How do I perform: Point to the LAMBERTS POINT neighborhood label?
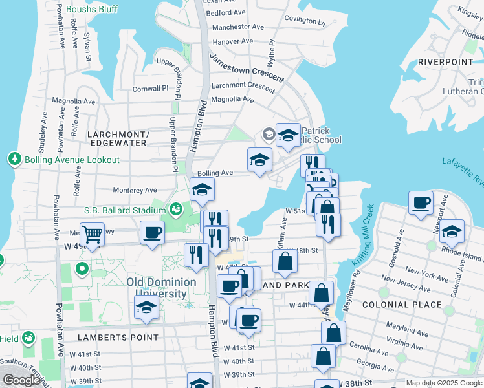click(x=118, y=338)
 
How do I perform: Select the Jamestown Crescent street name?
click(x=247, y=67)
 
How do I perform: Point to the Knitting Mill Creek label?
click(x=363, y=237)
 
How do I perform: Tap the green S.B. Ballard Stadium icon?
click(x=175, y=210)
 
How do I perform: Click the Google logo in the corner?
click(x=21, y=380)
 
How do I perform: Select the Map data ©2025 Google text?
click(x=443, y=383)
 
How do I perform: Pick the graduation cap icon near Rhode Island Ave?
click(x=452, y=232)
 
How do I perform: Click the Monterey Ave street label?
click(x=135, y=191)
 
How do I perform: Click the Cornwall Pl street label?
click(x=150, y=88)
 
